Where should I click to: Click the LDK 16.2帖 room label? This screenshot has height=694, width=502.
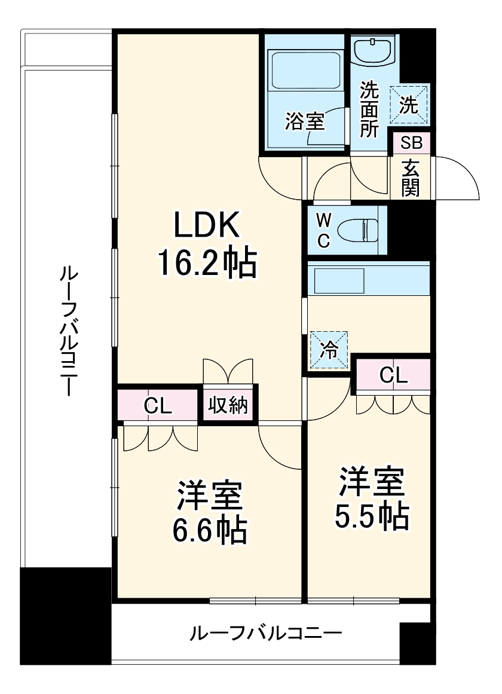click(x=207, y=244)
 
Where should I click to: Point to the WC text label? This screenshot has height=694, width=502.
click(x=323, y=231)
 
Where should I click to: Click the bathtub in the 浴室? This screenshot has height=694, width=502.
click(x=305, y=70)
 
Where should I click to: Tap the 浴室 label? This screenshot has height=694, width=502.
click(x=304, y=121)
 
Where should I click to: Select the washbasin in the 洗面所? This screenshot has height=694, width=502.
click(x=374, y=50)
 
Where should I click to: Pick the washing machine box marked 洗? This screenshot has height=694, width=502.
click(x=410, y=104)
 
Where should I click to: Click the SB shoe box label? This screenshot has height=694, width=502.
click(x=411, y=143)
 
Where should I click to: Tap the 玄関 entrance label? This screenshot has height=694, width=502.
click(x=411, y=178)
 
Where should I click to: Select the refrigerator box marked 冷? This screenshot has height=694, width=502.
click(x=329, y=350)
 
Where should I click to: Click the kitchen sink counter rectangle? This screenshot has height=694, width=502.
click(x=339, y=280)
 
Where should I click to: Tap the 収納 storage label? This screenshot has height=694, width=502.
click(x=228, y=406)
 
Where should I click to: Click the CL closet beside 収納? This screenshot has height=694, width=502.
click(x=158, y=406)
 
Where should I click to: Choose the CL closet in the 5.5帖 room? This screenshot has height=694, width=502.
click(x=393, y=375)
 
